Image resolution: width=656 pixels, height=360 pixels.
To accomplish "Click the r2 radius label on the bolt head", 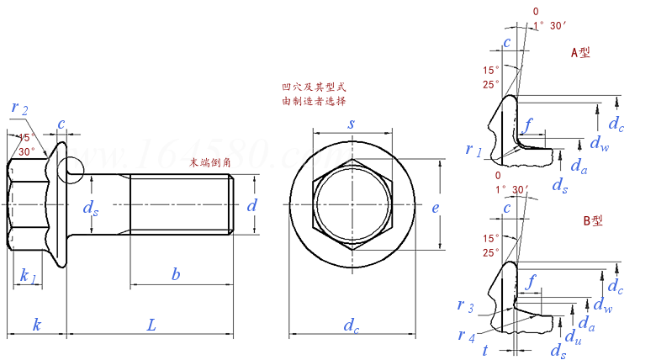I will (20, 108).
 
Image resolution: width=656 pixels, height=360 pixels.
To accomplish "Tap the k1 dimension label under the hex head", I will (27, 276).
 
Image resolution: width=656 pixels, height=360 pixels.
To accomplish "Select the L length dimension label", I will (151, 324).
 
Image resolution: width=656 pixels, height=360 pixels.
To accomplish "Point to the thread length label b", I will (175, 274).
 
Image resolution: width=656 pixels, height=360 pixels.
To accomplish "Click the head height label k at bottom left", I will (36, 324).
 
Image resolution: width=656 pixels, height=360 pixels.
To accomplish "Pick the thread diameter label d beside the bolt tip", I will (251, 204).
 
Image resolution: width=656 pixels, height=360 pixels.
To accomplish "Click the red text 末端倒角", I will (210, 161).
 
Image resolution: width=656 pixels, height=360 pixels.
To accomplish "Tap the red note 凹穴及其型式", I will (314, 87).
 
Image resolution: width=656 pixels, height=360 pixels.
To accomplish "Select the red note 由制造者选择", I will (314, 101).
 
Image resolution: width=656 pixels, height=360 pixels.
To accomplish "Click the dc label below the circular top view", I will (352, 326).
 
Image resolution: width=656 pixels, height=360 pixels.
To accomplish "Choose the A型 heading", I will (580, 53).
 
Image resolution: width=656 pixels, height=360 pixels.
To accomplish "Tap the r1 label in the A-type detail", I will (473, 150).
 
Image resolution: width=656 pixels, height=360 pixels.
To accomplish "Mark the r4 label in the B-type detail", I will (466, 335).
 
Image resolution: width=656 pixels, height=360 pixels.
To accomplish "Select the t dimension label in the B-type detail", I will (485, 350).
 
